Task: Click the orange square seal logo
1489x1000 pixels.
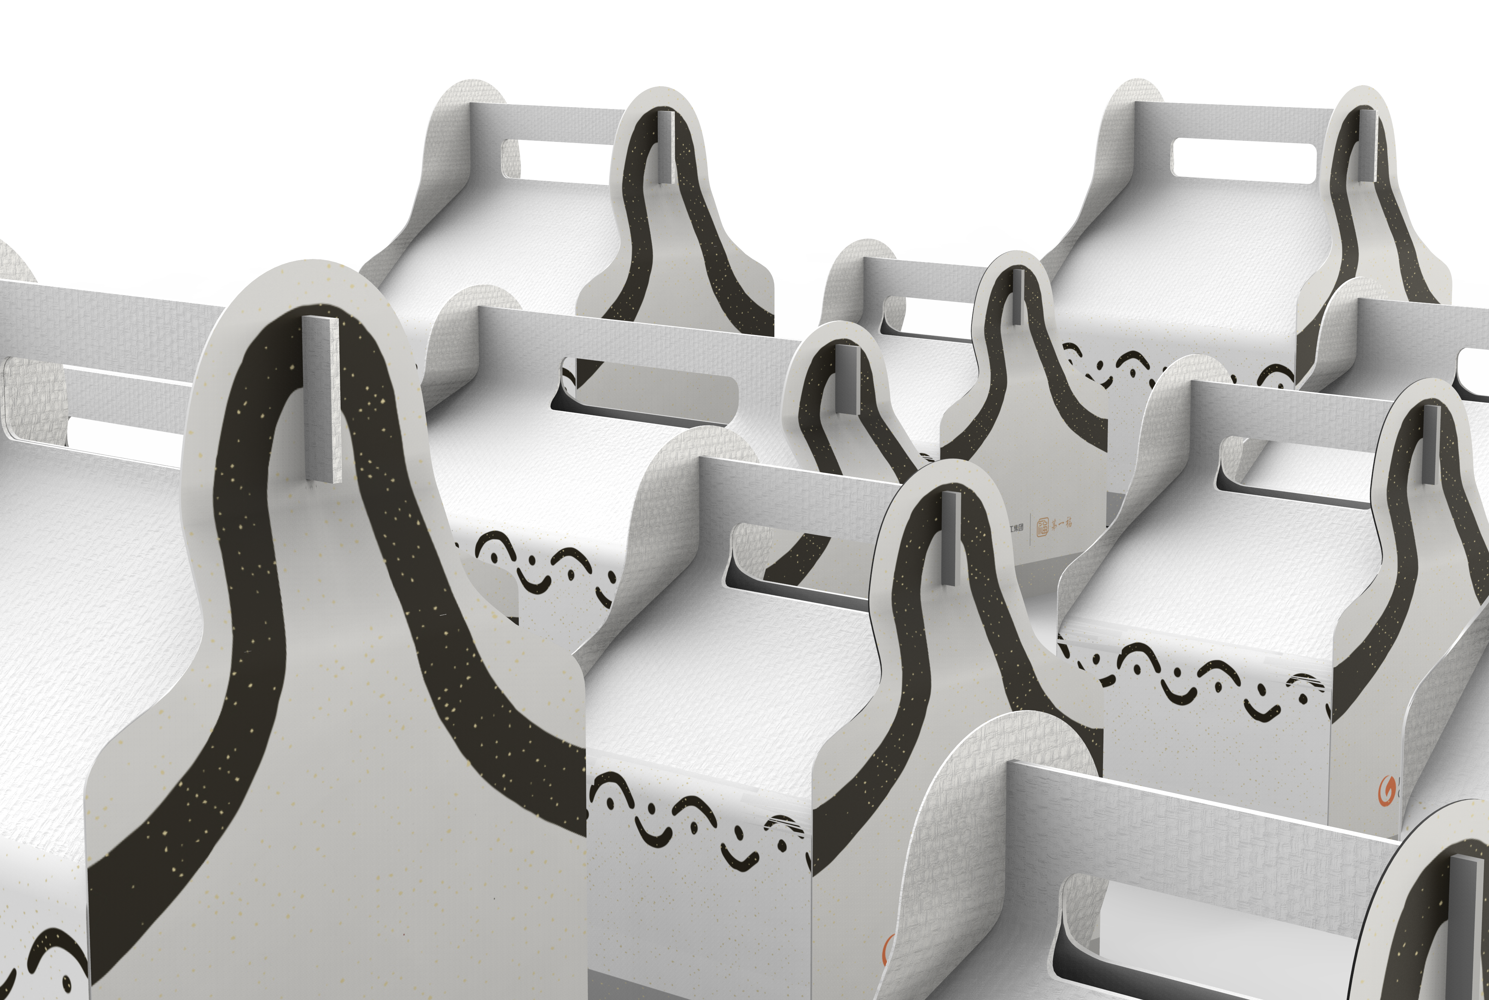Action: tap(1042, 527)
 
